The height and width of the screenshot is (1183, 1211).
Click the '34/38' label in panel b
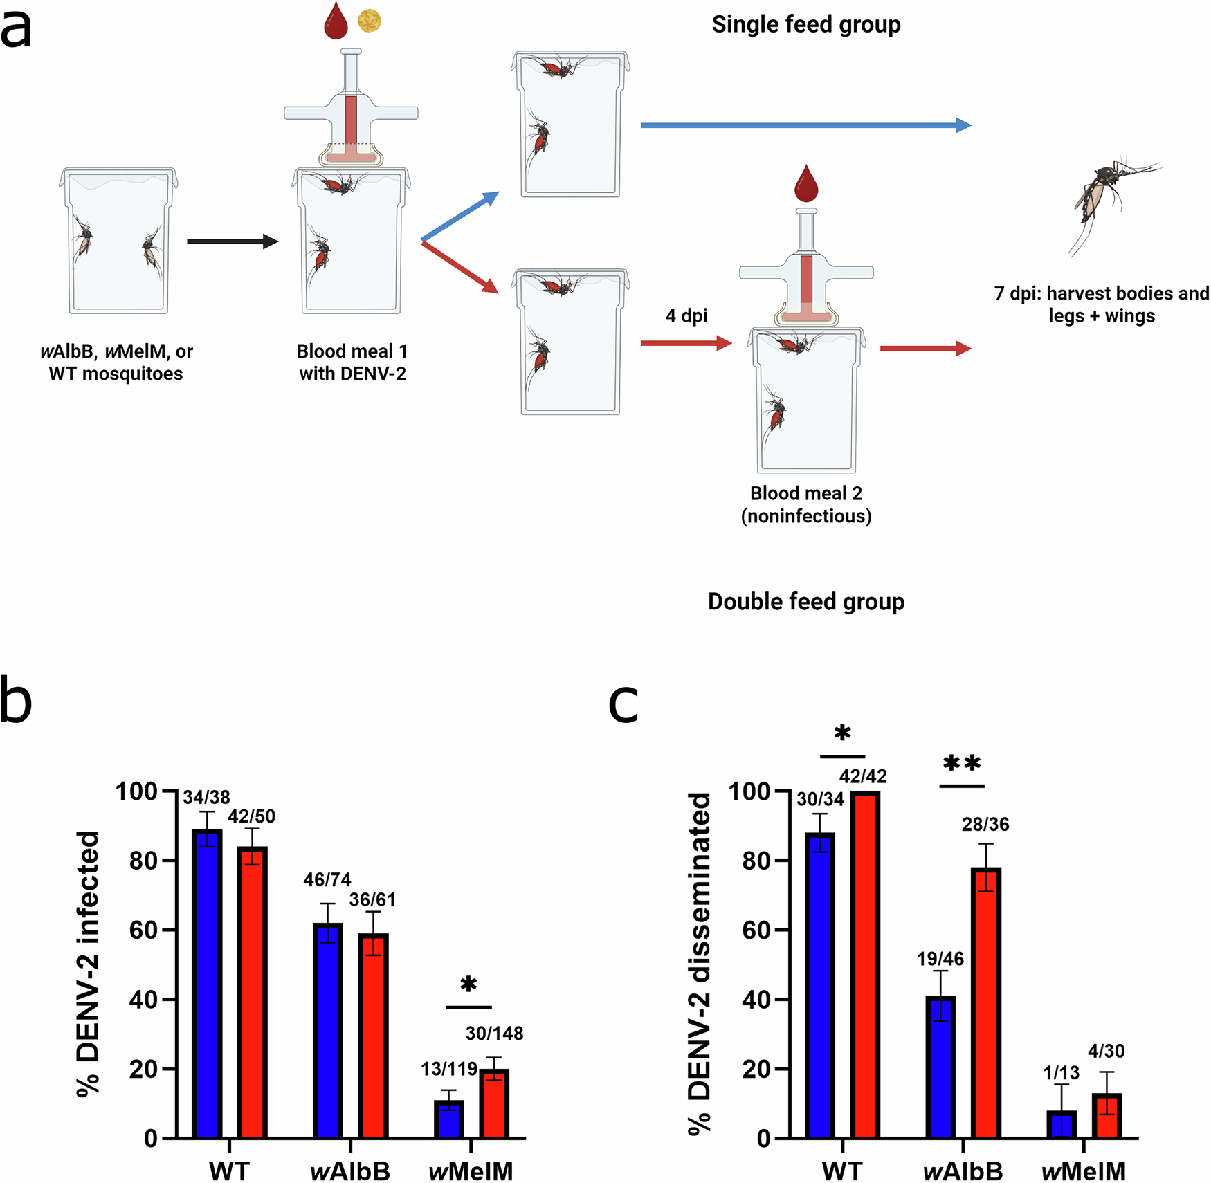(x=206, y=797)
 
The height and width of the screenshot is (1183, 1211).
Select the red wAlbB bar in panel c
(x=986, y=1003)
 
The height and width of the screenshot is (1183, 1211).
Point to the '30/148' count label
(x=494, y=1034)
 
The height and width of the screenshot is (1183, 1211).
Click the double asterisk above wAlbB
(x=962, y=764)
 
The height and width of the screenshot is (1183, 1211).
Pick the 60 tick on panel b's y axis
(x=144, y=930)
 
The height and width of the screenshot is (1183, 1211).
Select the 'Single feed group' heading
(x=806, y=25)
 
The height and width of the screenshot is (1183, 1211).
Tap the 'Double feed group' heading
(x=806, y=602)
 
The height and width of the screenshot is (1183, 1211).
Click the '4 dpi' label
(x=686, y=316)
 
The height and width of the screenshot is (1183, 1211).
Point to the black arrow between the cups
(x=232, y=241)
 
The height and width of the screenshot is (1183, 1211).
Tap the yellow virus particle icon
(x=369, y=20)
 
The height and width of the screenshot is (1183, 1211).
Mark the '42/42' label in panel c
(x=863, y=776)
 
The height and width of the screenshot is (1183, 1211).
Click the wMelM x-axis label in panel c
(x=1083, y=1171)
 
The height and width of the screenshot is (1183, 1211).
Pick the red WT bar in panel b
(x=252, y=993)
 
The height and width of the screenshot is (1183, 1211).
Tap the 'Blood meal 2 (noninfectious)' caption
(x=806, y=504)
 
